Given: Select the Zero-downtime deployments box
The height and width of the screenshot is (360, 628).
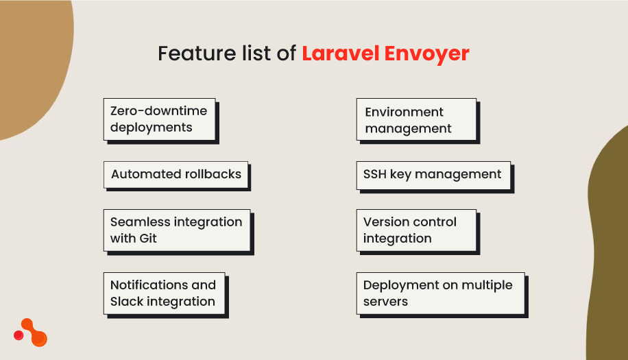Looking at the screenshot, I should [x=160, y=119].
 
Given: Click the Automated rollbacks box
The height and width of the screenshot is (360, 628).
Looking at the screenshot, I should [x=176, y=175].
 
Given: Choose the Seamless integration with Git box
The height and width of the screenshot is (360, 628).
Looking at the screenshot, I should [x=177, y=230].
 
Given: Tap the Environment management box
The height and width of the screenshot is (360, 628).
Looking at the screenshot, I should [x=415, y=120].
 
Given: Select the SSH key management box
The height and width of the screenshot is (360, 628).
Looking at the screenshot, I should [x=433, y=175].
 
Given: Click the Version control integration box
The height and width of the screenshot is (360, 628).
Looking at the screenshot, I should [x=416, y=230].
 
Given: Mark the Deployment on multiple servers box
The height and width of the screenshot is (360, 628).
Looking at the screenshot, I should [x=442, y=293].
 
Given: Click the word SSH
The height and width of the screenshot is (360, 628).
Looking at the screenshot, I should [x=375, y=175].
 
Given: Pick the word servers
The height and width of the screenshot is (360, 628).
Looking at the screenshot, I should [x=385, y=302].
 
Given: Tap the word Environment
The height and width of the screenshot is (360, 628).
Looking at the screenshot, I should [x=404, y=112].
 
